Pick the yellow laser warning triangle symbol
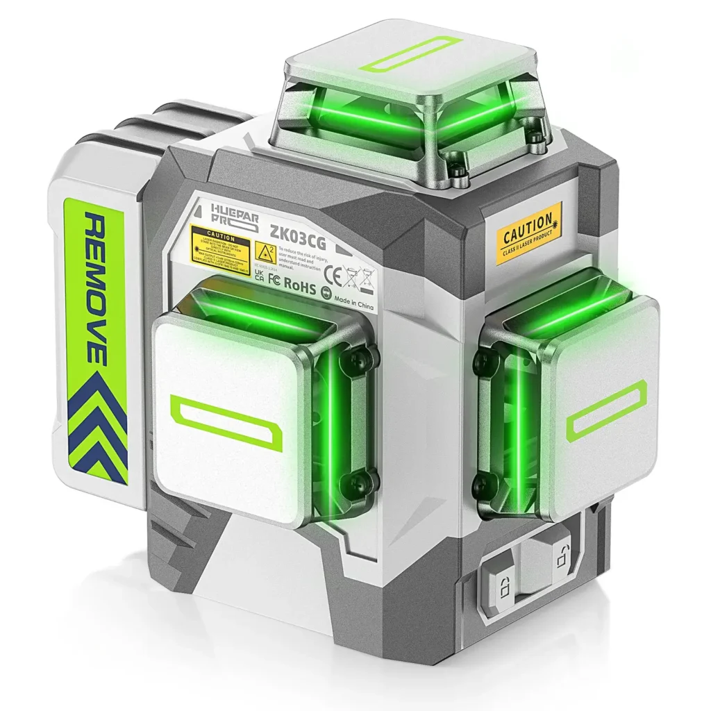[263, 251]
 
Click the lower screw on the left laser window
[364, 480]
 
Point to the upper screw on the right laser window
[485, 361]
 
